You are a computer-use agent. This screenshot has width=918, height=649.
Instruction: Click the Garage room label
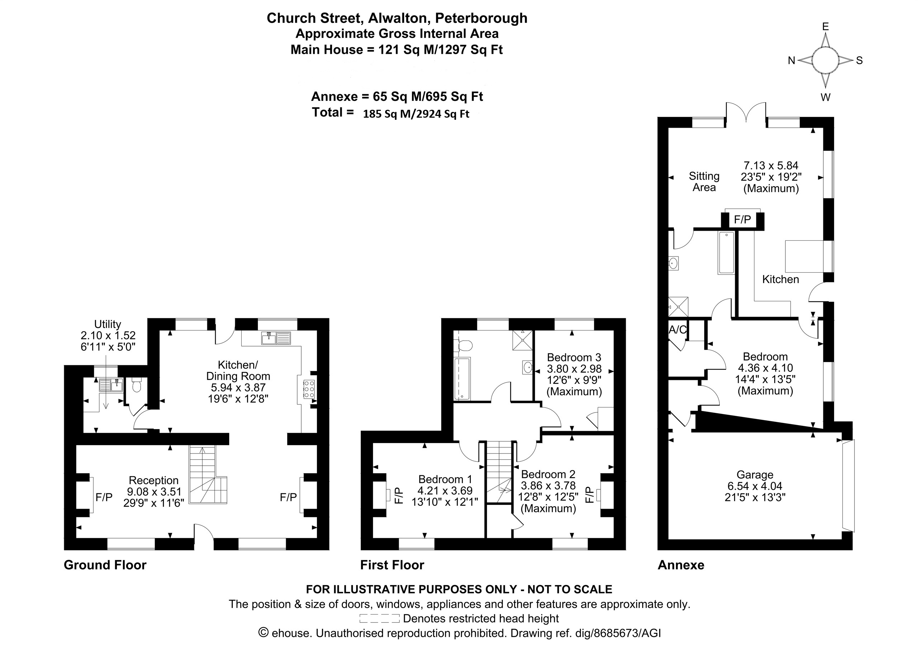pos(755,475)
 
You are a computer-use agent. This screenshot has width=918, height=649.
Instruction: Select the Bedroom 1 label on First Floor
pos(445,479)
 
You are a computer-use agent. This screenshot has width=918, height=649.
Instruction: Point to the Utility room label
pos(108,324)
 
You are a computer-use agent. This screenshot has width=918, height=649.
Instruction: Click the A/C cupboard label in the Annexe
pos(678,330)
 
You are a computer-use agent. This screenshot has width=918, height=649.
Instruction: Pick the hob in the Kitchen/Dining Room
pos(309,389)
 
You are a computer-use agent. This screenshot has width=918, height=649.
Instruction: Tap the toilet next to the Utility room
pos(136,385)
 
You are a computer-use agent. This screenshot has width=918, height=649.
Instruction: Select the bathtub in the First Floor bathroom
pos(462,378)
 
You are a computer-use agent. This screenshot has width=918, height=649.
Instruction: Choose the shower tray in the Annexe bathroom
pos(678,307)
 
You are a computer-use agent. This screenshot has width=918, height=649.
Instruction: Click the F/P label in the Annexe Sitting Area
pos(743,219)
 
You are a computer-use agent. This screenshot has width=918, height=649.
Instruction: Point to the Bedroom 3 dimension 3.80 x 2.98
pos(574,368)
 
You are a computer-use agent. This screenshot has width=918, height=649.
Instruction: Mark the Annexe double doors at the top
pos(746,112)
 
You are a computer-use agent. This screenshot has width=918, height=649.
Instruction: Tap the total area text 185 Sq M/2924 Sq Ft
pos(416,114)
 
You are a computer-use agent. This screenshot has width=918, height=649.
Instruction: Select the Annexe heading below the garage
pos(681,565)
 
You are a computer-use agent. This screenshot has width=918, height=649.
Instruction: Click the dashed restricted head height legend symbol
pos(379,618)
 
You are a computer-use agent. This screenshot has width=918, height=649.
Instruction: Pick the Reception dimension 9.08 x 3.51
pos(154,492)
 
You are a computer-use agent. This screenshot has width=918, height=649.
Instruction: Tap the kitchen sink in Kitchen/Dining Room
pos(276,338)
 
